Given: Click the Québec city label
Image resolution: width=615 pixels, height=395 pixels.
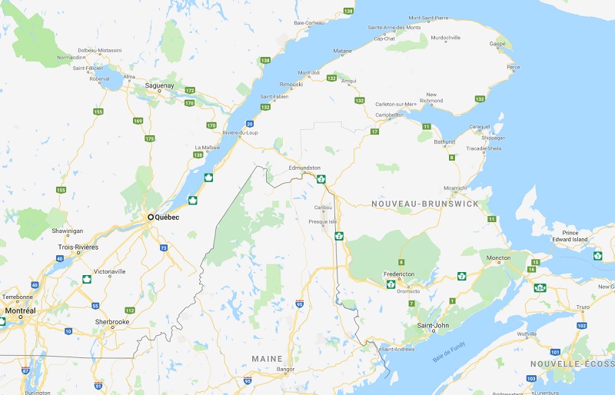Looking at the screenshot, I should (168, 217).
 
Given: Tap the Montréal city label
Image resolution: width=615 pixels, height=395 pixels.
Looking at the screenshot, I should (20, 311).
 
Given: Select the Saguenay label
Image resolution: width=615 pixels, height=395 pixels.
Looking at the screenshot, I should (159, 87).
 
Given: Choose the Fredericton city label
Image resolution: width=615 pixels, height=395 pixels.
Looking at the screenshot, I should (400, 274).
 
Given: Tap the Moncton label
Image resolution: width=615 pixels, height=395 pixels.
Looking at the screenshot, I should (498, 257).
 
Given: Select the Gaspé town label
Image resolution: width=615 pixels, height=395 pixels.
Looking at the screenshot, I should (499, 45).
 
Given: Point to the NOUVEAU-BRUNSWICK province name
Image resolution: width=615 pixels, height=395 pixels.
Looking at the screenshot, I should (424, 204).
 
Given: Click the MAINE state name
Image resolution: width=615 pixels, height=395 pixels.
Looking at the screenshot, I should (267, 359).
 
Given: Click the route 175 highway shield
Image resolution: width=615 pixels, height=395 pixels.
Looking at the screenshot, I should (150, 139).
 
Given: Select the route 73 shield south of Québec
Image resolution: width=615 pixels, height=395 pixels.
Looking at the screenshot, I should (164, 247).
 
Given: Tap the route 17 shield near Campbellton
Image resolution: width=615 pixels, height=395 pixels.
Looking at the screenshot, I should (374, 132).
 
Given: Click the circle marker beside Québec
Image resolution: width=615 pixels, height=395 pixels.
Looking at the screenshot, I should (151, 217).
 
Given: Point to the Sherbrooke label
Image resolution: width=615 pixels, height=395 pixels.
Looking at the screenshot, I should (111, 321).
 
